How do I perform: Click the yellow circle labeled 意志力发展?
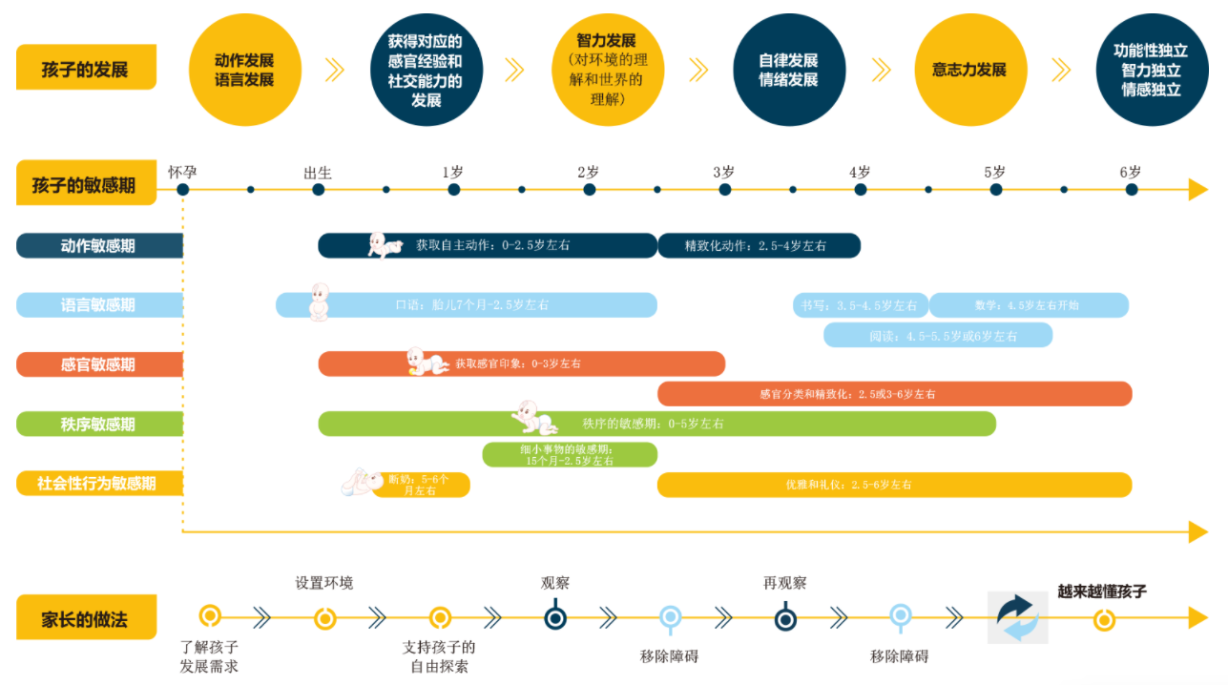(x=969, y=70)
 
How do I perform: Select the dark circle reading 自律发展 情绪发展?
(x=788, y=70)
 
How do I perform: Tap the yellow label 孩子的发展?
(x=86, y=69)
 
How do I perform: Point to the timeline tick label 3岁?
(x=723, y=173)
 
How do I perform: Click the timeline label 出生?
(x=318, y=173)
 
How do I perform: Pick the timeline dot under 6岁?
(x=1132, y=189)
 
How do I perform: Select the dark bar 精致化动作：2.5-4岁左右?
(x=759, y=246)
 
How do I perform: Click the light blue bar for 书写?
(x=860, y=305)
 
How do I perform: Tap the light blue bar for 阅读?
(x=938, y=335)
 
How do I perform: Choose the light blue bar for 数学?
(x=1029, y=305)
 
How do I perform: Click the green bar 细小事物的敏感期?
(x=570, y=455)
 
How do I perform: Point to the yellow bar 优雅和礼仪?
(x=894, y=485)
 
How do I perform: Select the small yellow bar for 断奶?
(x=420, y=485)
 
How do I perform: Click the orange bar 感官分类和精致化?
(x=894, y=394)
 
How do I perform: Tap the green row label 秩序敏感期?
(x=99, y=425)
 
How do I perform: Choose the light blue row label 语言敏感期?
(x=99, y=305)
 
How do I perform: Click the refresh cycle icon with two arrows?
(x=1017, y=617)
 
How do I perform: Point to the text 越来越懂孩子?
(x=1102, y=592)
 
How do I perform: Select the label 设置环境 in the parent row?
(x=324, y=583)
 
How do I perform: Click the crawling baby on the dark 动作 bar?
(x=385, y=245)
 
